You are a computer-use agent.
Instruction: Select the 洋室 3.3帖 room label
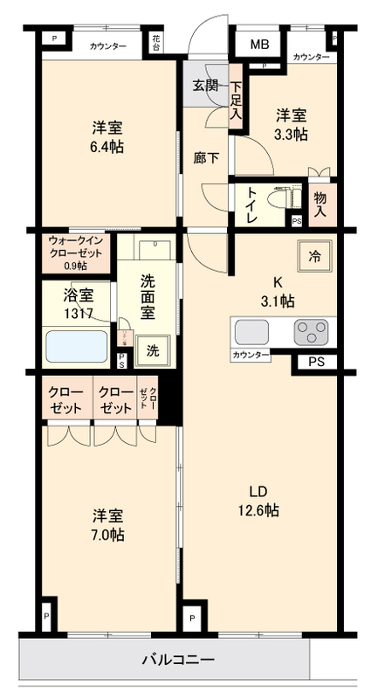[292, 125]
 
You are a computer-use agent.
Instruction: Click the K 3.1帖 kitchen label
[278, 291]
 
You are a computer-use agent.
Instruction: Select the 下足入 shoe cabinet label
[236, 100]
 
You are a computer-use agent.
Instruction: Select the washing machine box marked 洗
[152, 351]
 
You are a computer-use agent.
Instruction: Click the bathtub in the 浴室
[77, 346]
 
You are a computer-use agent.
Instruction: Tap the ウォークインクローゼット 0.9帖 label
[76, 252]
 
